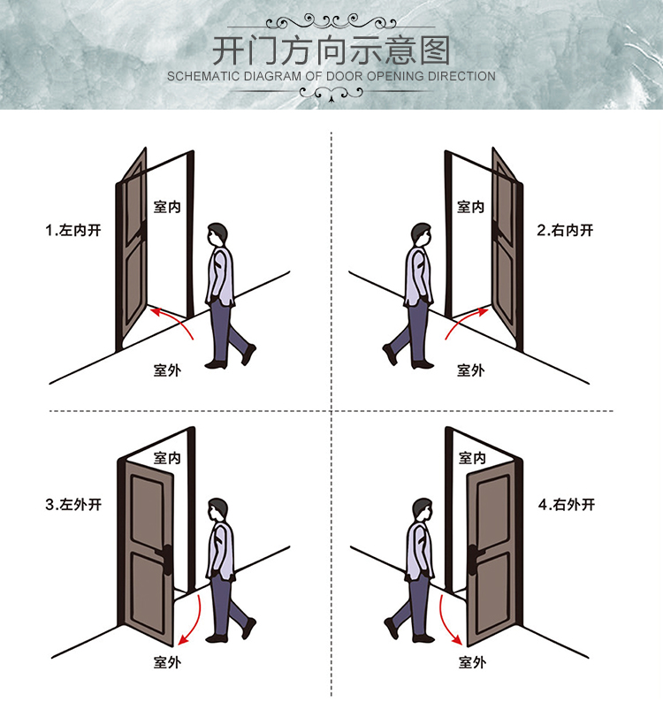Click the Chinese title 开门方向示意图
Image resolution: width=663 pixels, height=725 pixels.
[x=331, y=50]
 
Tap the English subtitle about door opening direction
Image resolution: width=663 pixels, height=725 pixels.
[x=331, y=76]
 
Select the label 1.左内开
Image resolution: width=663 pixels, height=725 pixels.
[x=73, y=230]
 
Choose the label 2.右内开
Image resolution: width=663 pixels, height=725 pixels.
[x=565, y=230]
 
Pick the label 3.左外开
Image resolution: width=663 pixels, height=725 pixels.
[x=73, y=504]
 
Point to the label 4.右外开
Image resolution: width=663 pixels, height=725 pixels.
[x=567, y=504]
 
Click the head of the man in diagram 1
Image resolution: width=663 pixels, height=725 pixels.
[x=217, y=236]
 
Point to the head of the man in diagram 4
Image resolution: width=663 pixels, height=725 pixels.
[x=423, y=510]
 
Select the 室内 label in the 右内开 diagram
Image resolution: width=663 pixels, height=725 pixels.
[x=470, y=207]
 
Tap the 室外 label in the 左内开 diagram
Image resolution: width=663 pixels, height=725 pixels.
[x=167, y=370]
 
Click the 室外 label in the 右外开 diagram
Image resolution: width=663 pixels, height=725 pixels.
[x=473, y=662]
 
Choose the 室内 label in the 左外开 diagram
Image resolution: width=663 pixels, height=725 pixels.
[x=167, y=458]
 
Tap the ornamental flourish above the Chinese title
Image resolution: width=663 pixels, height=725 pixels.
[x=331, y=21]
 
